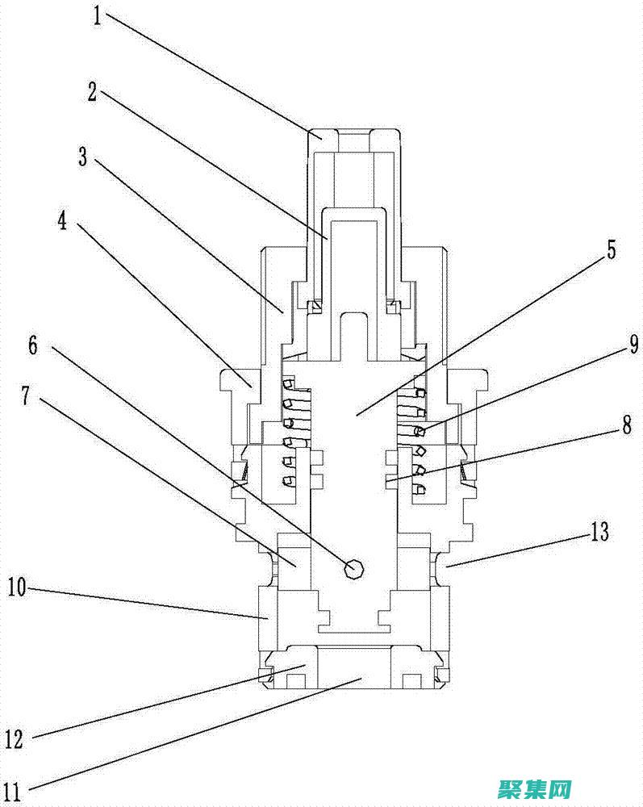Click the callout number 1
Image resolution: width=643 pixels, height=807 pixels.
[98, 16]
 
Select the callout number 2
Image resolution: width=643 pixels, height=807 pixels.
[93, 92]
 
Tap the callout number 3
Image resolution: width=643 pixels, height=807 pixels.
[82, 157]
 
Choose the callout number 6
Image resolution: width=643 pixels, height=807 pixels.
[32, 345]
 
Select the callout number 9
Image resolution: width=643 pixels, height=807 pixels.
[633, 345]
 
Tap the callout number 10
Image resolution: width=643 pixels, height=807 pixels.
[19, 587]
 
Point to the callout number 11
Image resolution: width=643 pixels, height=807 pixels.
[14, 786]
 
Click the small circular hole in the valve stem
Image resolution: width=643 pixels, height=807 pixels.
[353, 569]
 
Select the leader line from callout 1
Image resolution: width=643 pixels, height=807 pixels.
[210, 77]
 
